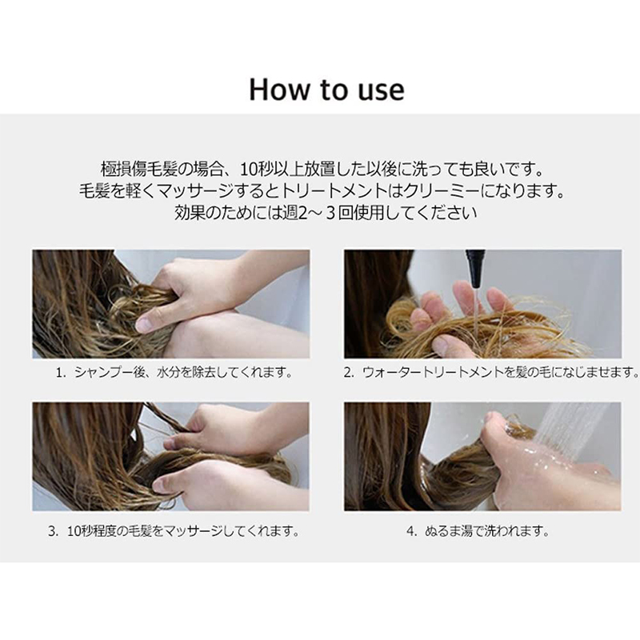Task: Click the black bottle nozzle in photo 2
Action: pyautogui.click(x=475, y=269)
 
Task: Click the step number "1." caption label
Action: pyautogui.click(x=61, y=373)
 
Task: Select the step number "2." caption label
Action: pyautogui.click(x=349, y=373)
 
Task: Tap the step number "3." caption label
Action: pyautogui.click(x=54, y=531)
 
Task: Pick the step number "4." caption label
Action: pyautogui.click(x=412, y=531)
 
